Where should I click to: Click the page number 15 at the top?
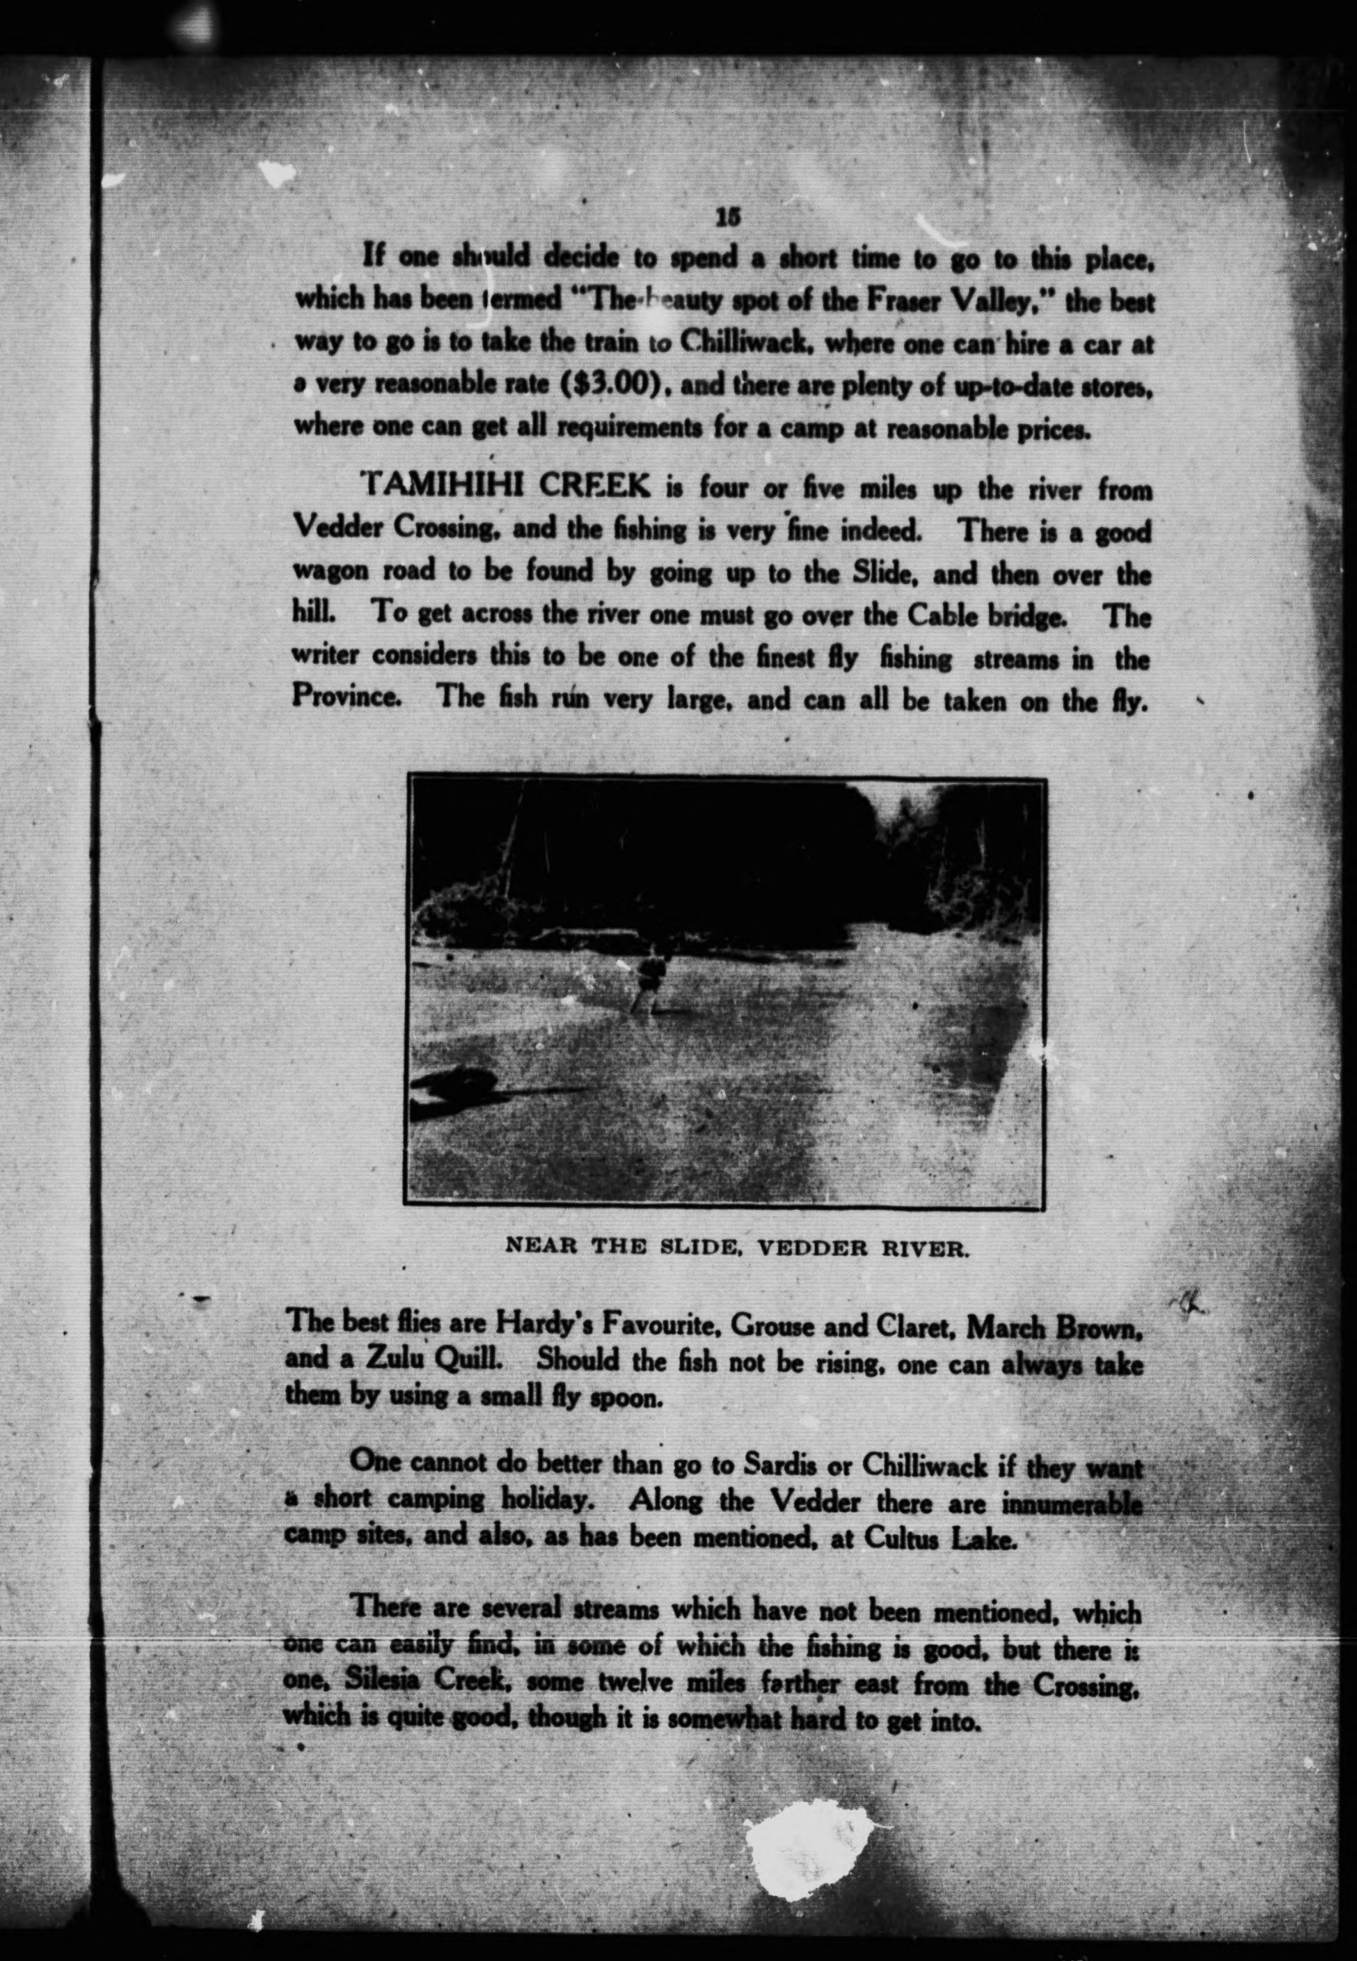pyautogui.click(x=728, y=218)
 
